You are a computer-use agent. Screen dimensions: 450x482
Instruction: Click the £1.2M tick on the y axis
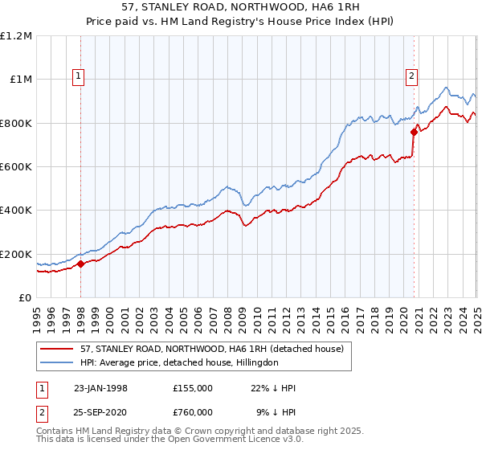coord(15,36)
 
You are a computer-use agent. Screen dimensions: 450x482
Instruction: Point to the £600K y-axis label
coord(15,167)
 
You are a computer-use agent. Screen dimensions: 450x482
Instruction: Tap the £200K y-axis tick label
coord(15,254)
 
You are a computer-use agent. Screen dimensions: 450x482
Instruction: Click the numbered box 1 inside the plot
coord(80,77)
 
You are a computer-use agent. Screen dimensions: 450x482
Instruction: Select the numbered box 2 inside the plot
coord(411,77)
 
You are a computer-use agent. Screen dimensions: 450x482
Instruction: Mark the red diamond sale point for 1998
coord(81,264)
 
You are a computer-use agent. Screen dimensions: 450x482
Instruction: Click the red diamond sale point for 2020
coord(414,132)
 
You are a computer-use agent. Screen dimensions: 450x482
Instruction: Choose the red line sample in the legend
coord(56,349)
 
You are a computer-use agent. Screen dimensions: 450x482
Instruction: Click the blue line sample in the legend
coord(56,362)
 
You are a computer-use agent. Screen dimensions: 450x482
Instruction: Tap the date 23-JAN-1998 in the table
coord(100,388)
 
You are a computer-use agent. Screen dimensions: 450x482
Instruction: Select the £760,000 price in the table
coord(192,411)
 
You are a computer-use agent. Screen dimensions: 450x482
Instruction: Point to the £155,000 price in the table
coord(192,388)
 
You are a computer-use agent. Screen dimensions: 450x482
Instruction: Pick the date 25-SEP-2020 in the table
coord(100,411)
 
